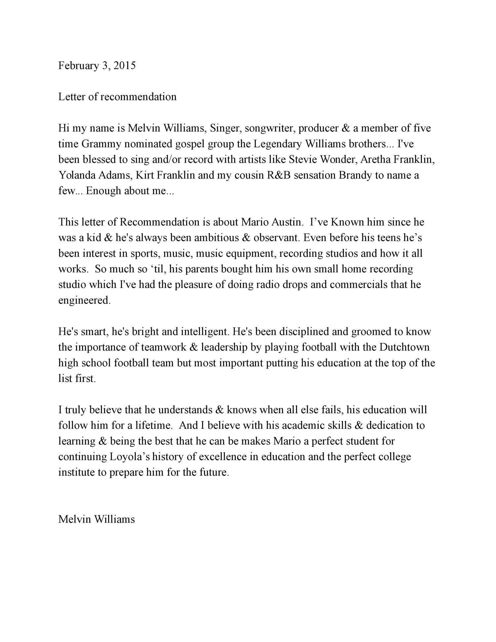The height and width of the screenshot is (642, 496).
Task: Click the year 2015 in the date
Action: click(124, 65)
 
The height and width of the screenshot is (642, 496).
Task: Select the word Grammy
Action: click(98, 144)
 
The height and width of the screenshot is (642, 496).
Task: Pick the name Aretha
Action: click(375, 159)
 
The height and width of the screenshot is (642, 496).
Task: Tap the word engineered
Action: click(84, 300)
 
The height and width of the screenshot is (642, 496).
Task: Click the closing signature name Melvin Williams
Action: click(97, 519)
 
